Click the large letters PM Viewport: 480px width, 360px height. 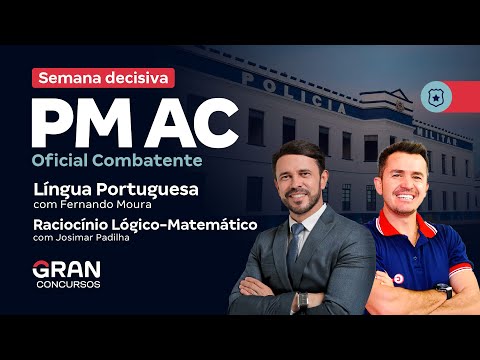[x=82, y=121]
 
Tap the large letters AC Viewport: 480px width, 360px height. [x=195, y=121]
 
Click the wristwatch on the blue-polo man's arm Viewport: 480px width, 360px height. [x=443, y=290]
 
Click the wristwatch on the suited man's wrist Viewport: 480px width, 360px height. [x=301, y=299]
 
